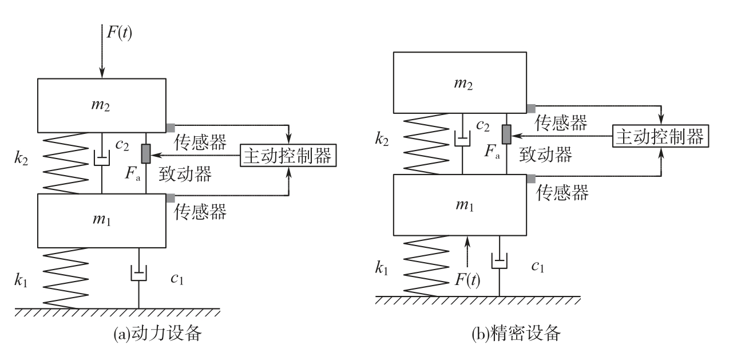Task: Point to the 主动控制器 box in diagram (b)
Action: coord(660,137)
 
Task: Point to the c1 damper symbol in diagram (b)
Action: coord(500,261)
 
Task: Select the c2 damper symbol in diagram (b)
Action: coord(462,137)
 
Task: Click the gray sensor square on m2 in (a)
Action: coord(171,126)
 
